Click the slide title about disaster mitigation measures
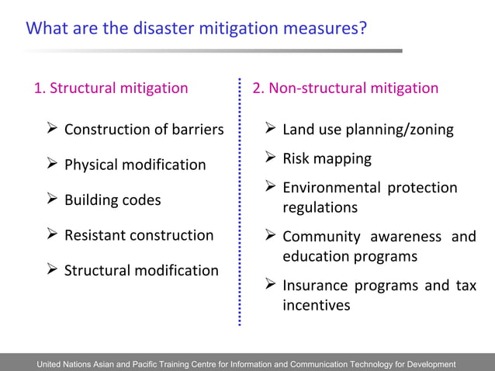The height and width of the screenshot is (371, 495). [x=196, y=29]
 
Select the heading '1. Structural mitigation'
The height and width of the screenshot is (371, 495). [x=111, y=88]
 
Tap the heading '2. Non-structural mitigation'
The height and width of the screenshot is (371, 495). [x=345, y=88]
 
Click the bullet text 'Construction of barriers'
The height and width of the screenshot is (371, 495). [x=144, y=129]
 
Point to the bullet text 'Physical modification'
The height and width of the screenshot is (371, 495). [x=135, y=165]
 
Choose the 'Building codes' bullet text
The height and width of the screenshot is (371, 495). [x=112, y=199]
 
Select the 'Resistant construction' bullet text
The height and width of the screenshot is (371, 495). [x=139, y=234]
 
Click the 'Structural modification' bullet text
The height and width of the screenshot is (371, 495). [x=141, y=270]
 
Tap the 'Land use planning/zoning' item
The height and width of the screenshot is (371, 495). [x=368, y=129]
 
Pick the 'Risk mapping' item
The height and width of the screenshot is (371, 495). [x=327, y=158]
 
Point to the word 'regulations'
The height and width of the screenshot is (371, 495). [x=320, y=208]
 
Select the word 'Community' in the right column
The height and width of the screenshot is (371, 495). [x=321, y=236]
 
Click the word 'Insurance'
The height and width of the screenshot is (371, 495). [x=314, y=285]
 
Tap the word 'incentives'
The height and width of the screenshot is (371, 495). [x=316, y=305]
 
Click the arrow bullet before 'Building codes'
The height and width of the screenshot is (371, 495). [x=52, y=199]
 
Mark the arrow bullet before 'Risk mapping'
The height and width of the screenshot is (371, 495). [x=270, y=158]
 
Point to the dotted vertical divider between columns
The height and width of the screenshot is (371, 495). [x=240, y=202]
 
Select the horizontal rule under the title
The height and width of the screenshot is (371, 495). [x=213, y=50]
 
